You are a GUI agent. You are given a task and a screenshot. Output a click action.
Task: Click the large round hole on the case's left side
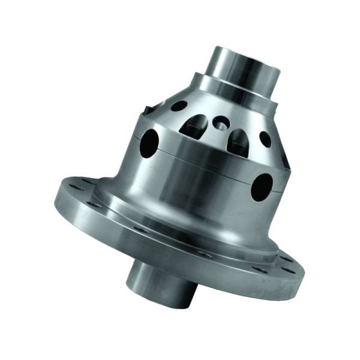pos(151,141)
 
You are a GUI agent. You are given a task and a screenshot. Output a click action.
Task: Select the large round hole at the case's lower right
pos(262,187)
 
